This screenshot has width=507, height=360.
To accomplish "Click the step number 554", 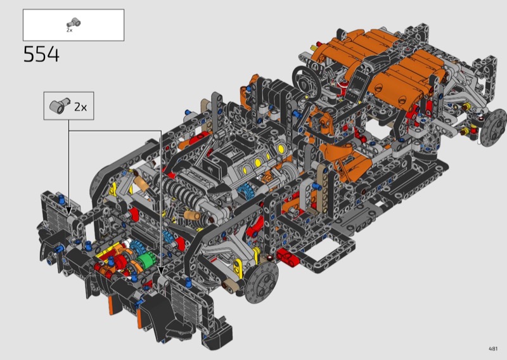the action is point(41,54).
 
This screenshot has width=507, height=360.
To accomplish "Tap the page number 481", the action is point(493,349).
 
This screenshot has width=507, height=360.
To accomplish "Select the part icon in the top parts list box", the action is point(74,23).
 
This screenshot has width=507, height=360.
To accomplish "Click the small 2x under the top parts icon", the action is point(70,30).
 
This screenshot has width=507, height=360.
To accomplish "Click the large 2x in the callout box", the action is point(80,106).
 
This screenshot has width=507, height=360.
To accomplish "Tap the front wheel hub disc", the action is point(262,283).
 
